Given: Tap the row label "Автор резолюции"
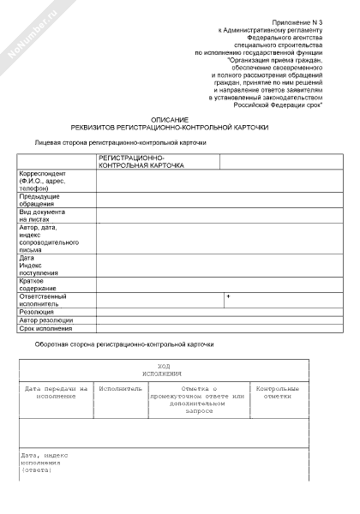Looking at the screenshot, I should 46,320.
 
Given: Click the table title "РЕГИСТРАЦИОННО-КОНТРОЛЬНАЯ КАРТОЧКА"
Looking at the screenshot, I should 141,162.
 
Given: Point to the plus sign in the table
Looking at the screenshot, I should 228,296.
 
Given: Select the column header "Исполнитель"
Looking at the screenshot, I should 120,388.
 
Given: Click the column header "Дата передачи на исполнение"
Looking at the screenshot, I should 57,391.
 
